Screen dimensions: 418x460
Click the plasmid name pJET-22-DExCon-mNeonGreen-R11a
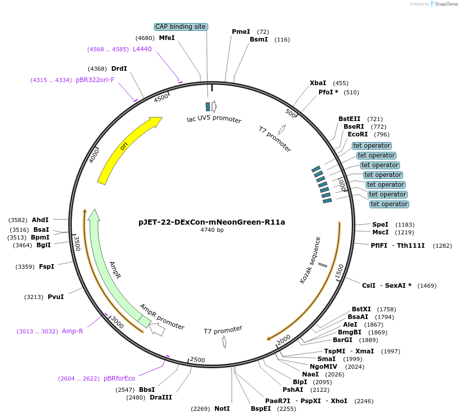pyautogui.click(x=211, y=222)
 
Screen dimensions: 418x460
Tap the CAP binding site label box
pyautogui.click(x=181, y=27)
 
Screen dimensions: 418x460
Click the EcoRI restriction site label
pyautogui.click(x=358, y=134)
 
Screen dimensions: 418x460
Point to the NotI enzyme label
pyautogui.click(x=222, y=409)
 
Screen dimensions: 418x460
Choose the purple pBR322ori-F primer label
pyautogui.click(x=95, y=80)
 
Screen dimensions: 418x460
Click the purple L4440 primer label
pyautogui.click(x=142, y=49)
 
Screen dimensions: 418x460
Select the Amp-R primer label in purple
pyautogui.click(x=72, y=331)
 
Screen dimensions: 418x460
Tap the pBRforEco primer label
pyautogui.click(x=119, y=379)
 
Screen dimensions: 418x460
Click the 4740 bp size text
pyautogui.click(x=211, y=230)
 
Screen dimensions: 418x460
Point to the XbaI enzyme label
pyautogui.click(x=318, y=83)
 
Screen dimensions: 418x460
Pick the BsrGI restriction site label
pyautogui.click(x=343, y=340)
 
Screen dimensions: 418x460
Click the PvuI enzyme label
pyautogui.click(x=55, y=297)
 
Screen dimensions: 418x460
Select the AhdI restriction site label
pyautogui.click(x=40, y=220)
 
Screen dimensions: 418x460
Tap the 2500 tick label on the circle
pyautogui.click(x=197, y=360)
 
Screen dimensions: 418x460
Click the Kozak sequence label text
pyautogui.click(x=310, y=260)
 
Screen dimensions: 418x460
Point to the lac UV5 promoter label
pyautogui.click(x=214, y=120)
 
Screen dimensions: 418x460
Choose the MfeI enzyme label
pyautogui.click(x=167, y=38)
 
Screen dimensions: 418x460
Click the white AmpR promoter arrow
pyautogui.click(x=157, y=330)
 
